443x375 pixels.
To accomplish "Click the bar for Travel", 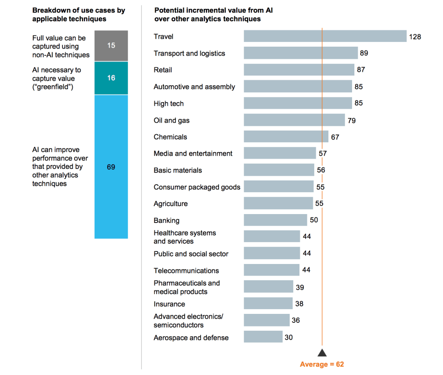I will click(325, 36).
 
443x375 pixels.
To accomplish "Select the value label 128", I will click(415, 36).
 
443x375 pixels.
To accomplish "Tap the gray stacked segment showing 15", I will click(111, 46).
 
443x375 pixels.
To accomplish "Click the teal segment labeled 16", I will click(111, 78).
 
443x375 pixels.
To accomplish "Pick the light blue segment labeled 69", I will click(111, 167).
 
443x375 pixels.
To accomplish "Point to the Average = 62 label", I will click(322, 364).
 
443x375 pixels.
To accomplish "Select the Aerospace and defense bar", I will click(263, 337).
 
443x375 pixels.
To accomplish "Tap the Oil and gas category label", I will click(172, 120).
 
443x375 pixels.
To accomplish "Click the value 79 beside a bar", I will click(352, 120).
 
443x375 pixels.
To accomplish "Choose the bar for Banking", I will click(275, 220).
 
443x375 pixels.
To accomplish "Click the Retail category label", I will click(163, 70).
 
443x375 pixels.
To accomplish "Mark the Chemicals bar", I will click(286, 137).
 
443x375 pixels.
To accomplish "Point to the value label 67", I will click(335, 137).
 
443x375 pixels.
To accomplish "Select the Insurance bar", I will click(268, 304).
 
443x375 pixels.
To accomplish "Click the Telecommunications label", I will click(186, 271).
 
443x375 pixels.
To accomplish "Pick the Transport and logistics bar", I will click(300, 53).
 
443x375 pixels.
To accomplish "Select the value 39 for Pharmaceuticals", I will click(299, 287).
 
